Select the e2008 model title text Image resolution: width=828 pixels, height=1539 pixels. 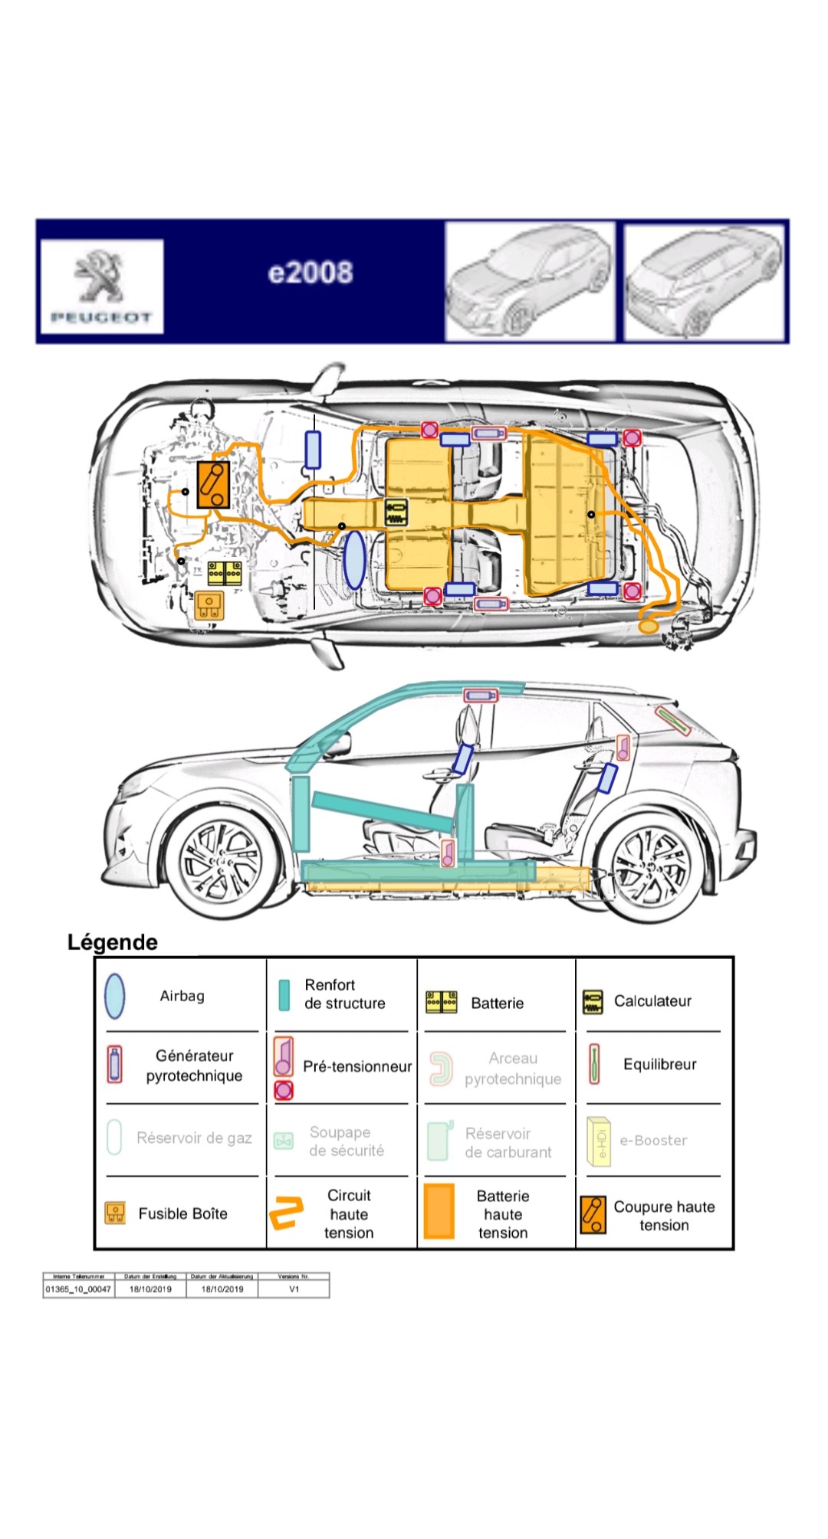310,273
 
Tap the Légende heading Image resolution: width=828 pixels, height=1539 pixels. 113,942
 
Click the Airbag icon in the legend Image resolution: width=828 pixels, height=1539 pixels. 115,996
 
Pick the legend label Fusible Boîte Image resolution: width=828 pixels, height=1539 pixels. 182,1213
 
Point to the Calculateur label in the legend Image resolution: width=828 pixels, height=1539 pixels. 652,1001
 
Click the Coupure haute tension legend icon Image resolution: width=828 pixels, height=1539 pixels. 593,1214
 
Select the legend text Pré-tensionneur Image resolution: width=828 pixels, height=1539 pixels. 357,1066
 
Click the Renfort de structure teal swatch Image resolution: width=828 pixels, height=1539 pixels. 284,995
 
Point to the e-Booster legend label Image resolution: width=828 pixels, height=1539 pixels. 653,1141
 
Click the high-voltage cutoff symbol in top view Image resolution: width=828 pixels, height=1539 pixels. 213,485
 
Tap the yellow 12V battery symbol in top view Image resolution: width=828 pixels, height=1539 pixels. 225,573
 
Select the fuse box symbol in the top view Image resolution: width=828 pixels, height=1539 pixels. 209,604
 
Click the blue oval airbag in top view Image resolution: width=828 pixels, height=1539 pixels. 354,560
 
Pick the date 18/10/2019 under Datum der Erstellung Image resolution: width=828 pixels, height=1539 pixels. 150,1289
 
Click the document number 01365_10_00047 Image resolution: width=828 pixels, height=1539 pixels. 78,1289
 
